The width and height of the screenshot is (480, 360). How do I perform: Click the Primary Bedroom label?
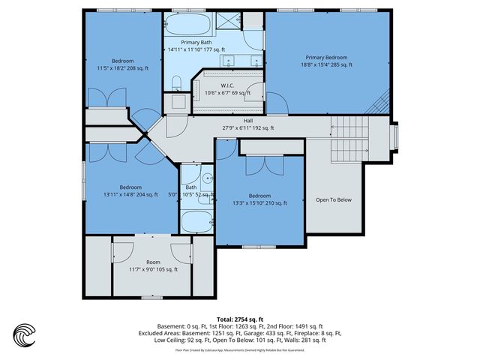[x=325, y=57]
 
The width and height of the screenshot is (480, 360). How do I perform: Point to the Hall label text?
[x=248, y=121]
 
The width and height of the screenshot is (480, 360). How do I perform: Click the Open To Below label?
[x=333, y=199]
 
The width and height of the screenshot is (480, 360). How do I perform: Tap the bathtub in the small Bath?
[x=197, y=223]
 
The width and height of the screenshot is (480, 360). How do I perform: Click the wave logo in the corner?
[x=25, y=335]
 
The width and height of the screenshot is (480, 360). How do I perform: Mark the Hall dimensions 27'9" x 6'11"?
[x=248, y=128]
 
